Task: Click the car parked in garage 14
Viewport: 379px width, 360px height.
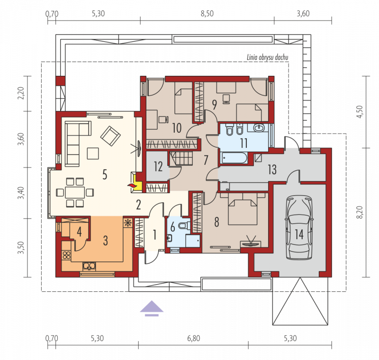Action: click(299, 227)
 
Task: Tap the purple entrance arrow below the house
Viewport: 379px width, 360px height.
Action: click(152, 308)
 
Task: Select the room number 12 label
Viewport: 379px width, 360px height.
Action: click(158, 166)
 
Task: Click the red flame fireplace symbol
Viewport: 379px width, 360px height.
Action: click(132, 186)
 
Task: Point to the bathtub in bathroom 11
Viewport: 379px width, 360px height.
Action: click(234, 158)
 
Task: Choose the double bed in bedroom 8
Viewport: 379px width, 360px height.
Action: click(243, 209)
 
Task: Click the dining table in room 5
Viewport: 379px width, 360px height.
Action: click(75, 192)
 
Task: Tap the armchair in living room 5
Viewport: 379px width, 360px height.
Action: click(110, 136)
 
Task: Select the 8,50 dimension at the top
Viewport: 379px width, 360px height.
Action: click(207, 14)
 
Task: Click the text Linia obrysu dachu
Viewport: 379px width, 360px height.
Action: click(267, 57)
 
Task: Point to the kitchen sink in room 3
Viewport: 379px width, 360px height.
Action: click(89, 267)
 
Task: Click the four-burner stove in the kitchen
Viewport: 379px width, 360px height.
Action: click(66, 255)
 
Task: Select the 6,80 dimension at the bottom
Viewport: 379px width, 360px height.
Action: click(194, 339)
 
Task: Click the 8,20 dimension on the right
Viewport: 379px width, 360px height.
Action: click(360, 212)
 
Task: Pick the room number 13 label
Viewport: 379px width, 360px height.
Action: click(272, 170)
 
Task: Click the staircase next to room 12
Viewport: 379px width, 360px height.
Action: click(181, 158)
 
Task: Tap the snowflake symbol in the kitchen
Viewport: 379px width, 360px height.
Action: click(127, 223)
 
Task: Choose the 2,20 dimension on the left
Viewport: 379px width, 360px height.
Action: click(21, 93)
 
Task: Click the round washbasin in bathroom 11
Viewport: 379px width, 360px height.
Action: click(260, 127)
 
